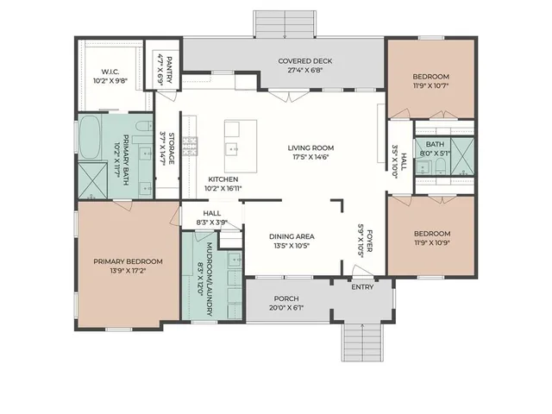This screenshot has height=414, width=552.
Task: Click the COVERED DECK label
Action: point(304,61)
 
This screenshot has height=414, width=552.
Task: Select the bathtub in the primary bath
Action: point(90,137)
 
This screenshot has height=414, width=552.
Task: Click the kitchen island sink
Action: point(231,149)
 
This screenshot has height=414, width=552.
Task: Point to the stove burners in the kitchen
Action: point(190,146)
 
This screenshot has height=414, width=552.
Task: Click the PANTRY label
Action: point(169,70)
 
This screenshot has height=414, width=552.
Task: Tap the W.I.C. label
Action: point(110,72)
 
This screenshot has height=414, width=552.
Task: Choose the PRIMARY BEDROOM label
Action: point(128,261)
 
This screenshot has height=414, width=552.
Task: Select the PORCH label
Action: point(286,298)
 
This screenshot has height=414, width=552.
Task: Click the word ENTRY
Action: point(362,287)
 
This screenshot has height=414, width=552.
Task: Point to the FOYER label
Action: point(370,241)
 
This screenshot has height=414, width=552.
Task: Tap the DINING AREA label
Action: point(292,236)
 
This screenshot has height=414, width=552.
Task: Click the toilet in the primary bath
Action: point(145,127)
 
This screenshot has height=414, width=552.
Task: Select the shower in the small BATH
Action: point(462,157)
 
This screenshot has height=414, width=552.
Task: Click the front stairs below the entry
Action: point(362,342)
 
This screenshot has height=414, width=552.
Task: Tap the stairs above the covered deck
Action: point(285,24)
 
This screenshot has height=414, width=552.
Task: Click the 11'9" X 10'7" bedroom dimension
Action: point(431,85)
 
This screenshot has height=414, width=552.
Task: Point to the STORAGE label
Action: point(172,148)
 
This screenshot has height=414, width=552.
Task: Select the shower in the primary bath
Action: point(92,181)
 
